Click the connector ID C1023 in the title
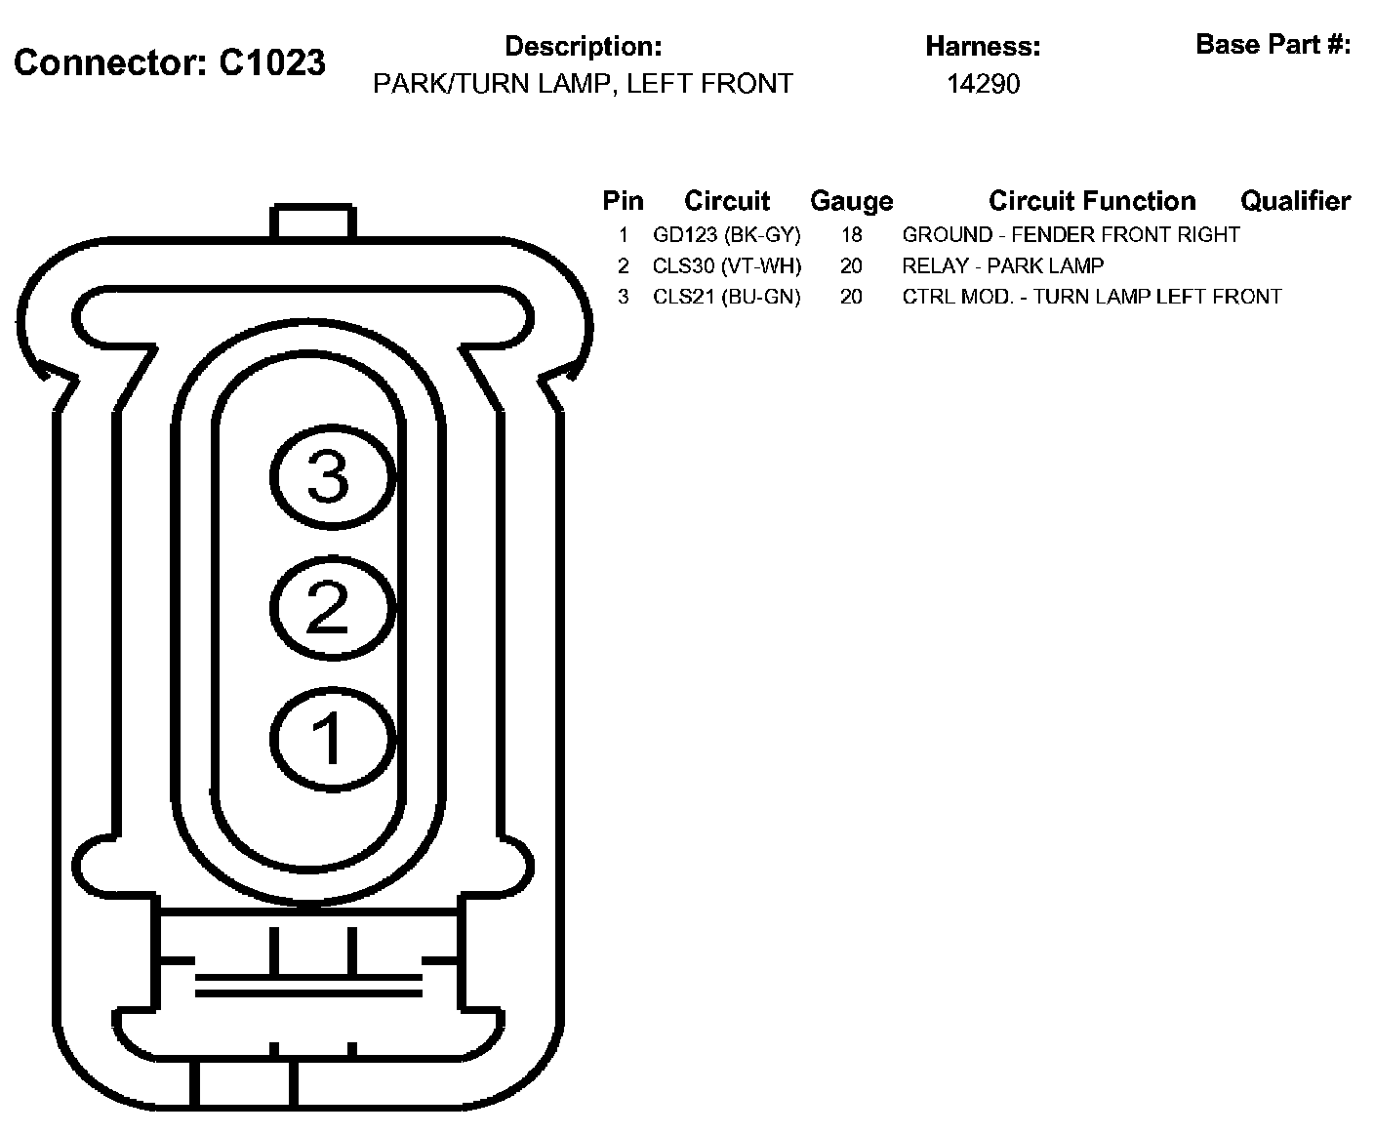tap(271, 62)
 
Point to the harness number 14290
tap(983, 84)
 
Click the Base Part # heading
tap(1273, 45)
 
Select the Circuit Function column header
tap(1092, 201)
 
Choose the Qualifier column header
tap(1295, 201)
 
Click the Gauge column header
tap(852, 201)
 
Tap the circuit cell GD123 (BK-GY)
tap(726, 235)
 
